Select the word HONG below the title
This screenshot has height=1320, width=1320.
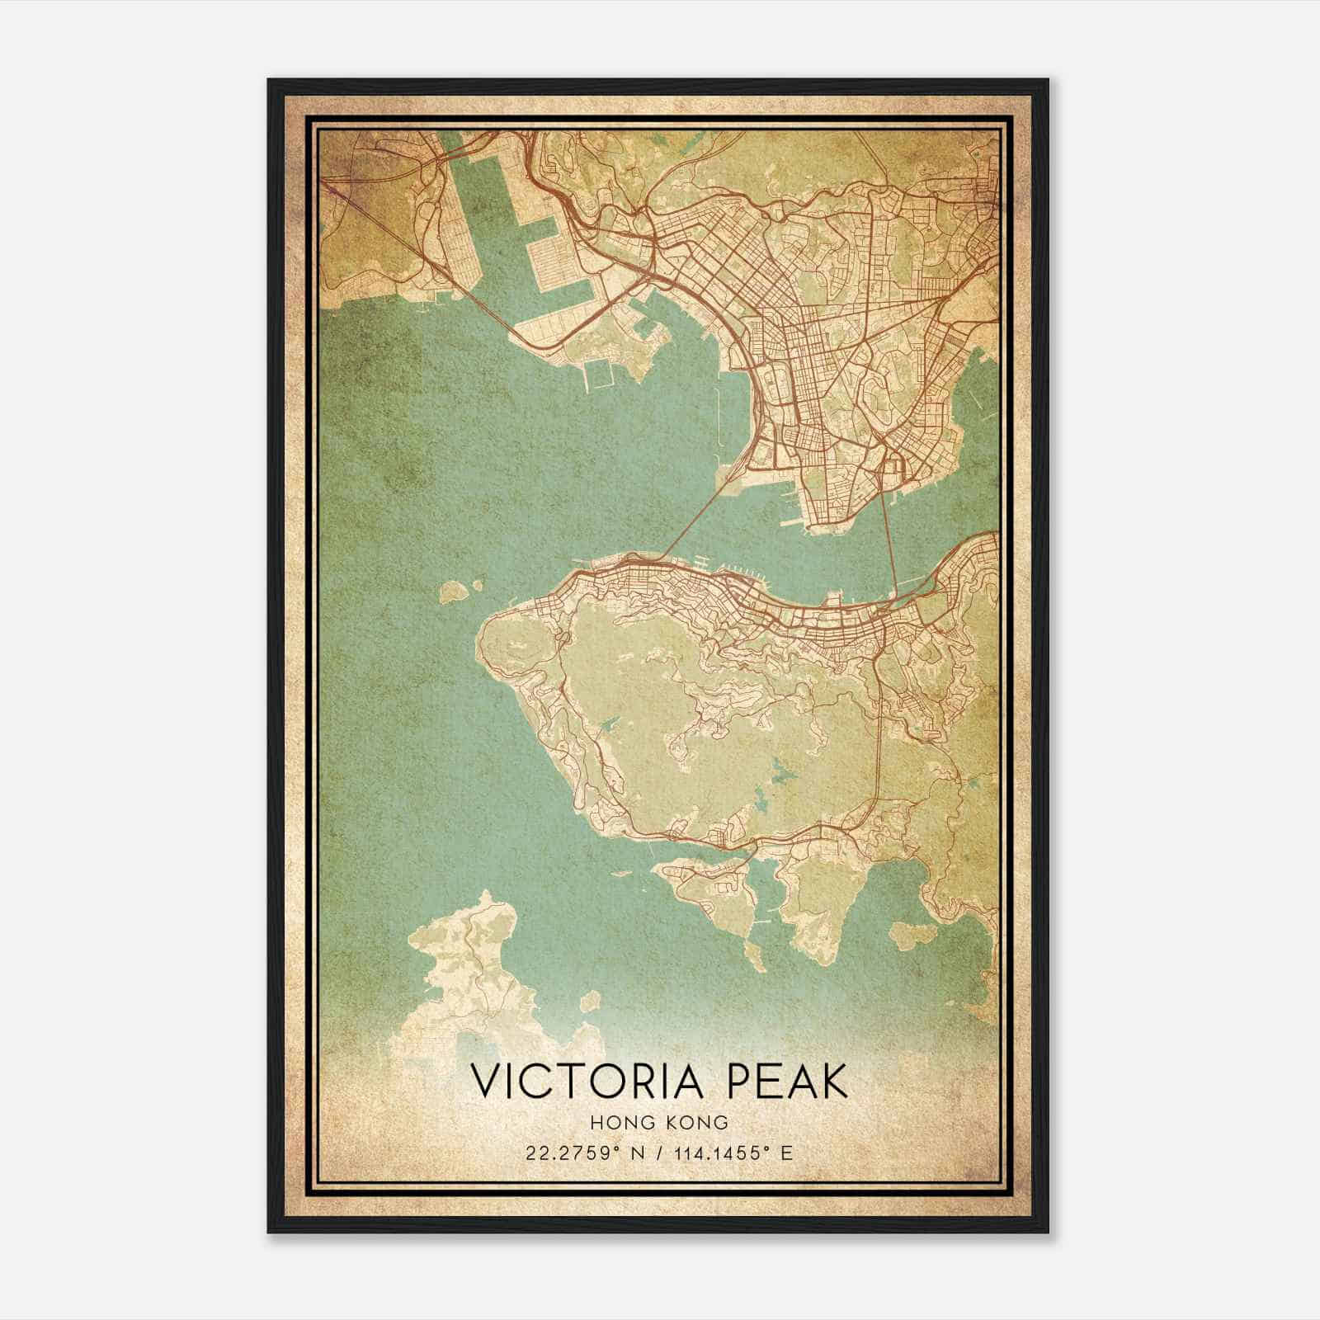621,1122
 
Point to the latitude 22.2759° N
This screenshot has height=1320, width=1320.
591,1153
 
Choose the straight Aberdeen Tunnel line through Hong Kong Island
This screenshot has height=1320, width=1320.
879,742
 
